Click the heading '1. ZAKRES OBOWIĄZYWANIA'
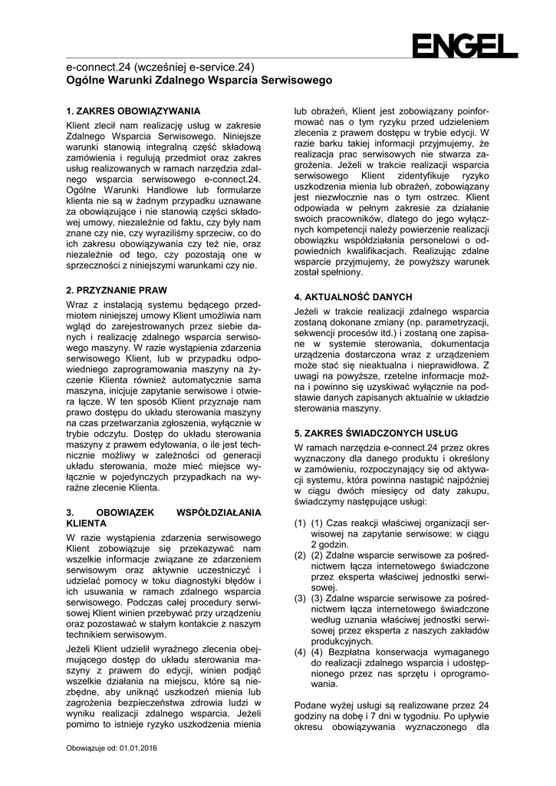point(133,111)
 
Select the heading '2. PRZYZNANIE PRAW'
point(117,290)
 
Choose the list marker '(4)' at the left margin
point(301,652)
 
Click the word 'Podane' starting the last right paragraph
point(313,705)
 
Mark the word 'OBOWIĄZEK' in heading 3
point(127,512)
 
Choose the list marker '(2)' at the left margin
point(301,556)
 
